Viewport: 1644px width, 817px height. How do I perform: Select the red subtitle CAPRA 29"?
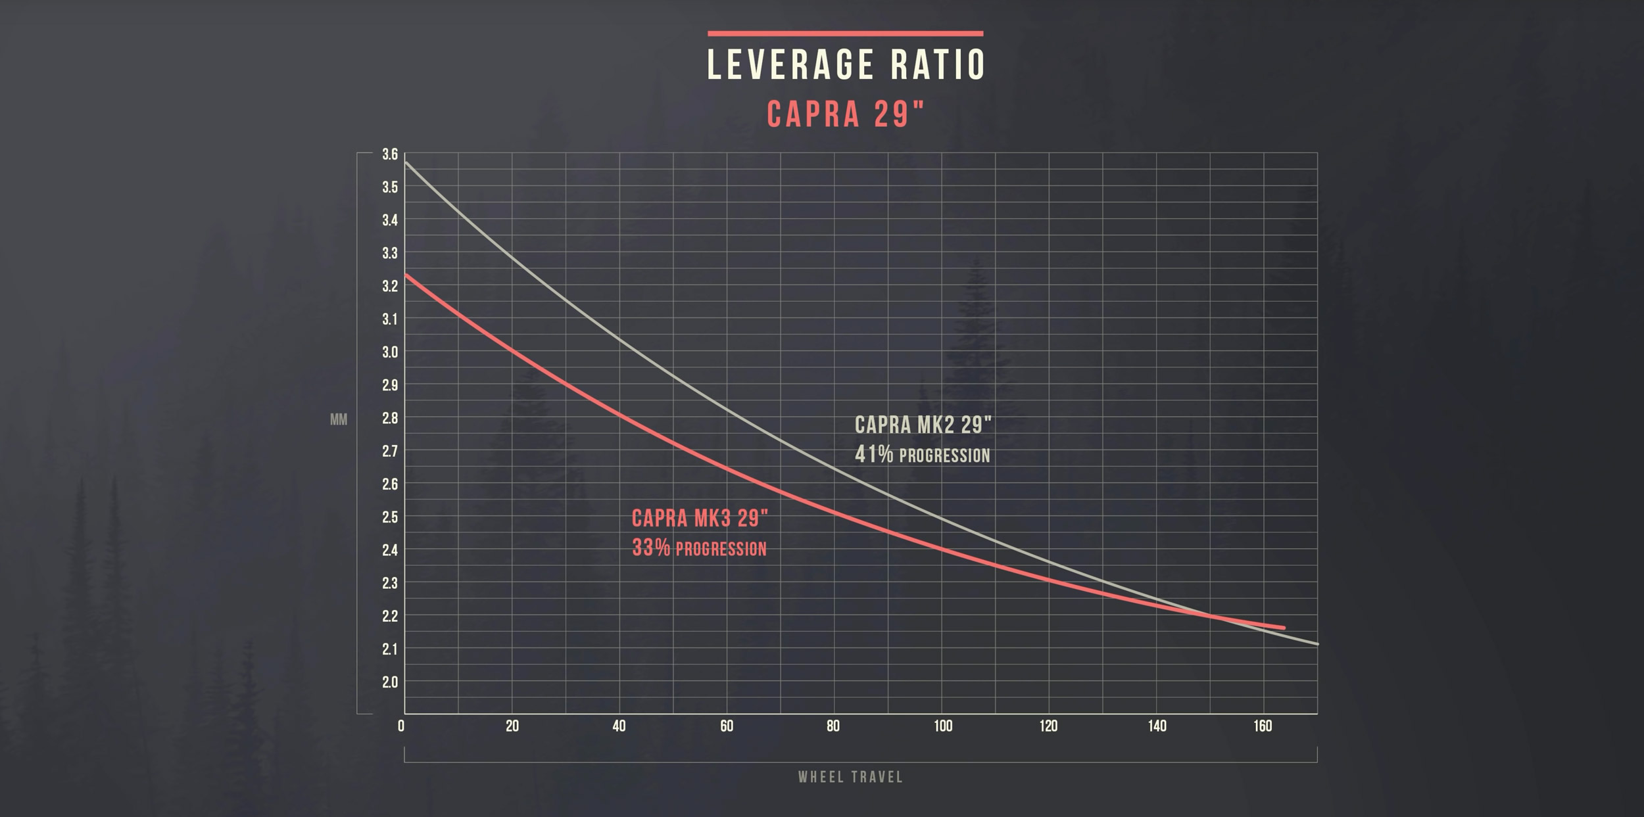(x=845, y=114)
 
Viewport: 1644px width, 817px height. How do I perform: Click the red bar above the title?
(x=845, y=34)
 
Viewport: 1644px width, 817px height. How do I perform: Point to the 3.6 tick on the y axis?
(x=390, y=154)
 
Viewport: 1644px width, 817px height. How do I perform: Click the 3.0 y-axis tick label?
(x=390, y=352)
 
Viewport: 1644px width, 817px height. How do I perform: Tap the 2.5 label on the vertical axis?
(x=390, y=517)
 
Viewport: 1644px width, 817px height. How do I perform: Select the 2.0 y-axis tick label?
(x=390, y=682)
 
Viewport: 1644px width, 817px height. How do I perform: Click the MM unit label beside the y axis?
(x=339, y=420)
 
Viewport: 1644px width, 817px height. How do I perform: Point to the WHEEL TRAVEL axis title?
(x=850, y=777)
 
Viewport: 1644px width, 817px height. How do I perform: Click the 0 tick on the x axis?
(x=401, y=726)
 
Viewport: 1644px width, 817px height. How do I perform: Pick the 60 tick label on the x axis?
(x=726, y=726)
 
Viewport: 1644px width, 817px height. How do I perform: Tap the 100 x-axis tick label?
(x=942, y=726)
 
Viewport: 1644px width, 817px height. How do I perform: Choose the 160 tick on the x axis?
(x=1263, y=726)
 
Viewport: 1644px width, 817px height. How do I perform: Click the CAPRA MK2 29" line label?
(x=923, y=425)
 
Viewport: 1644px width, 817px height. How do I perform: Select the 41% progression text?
(x=922, y=455)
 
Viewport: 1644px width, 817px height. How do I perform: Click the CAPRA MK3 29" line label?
(x=700, y=519)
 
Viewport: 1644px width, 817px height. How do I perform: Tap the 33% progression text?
(x=699, y=548)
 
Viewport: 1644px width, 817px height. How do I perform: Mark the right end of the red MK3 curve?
(x=1283, y=628)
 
